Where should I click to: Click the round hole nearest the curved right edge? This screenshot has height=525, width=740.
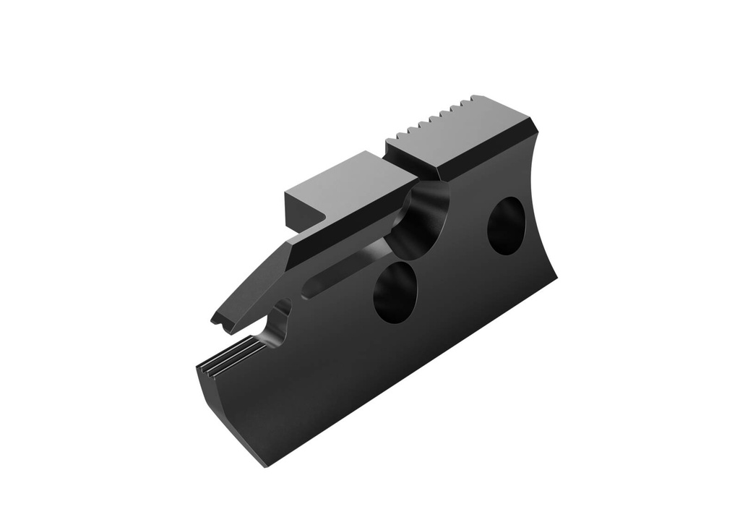tap(506, 225)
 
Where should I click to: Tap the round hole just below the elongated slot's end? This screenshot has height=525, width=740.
tap(395, 289)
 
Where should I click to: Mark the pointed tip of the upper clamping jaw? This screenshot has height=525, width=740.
tap(215, 318)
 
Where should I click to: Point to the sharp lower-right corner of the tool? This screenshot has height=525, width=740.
tap(557, 276)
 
